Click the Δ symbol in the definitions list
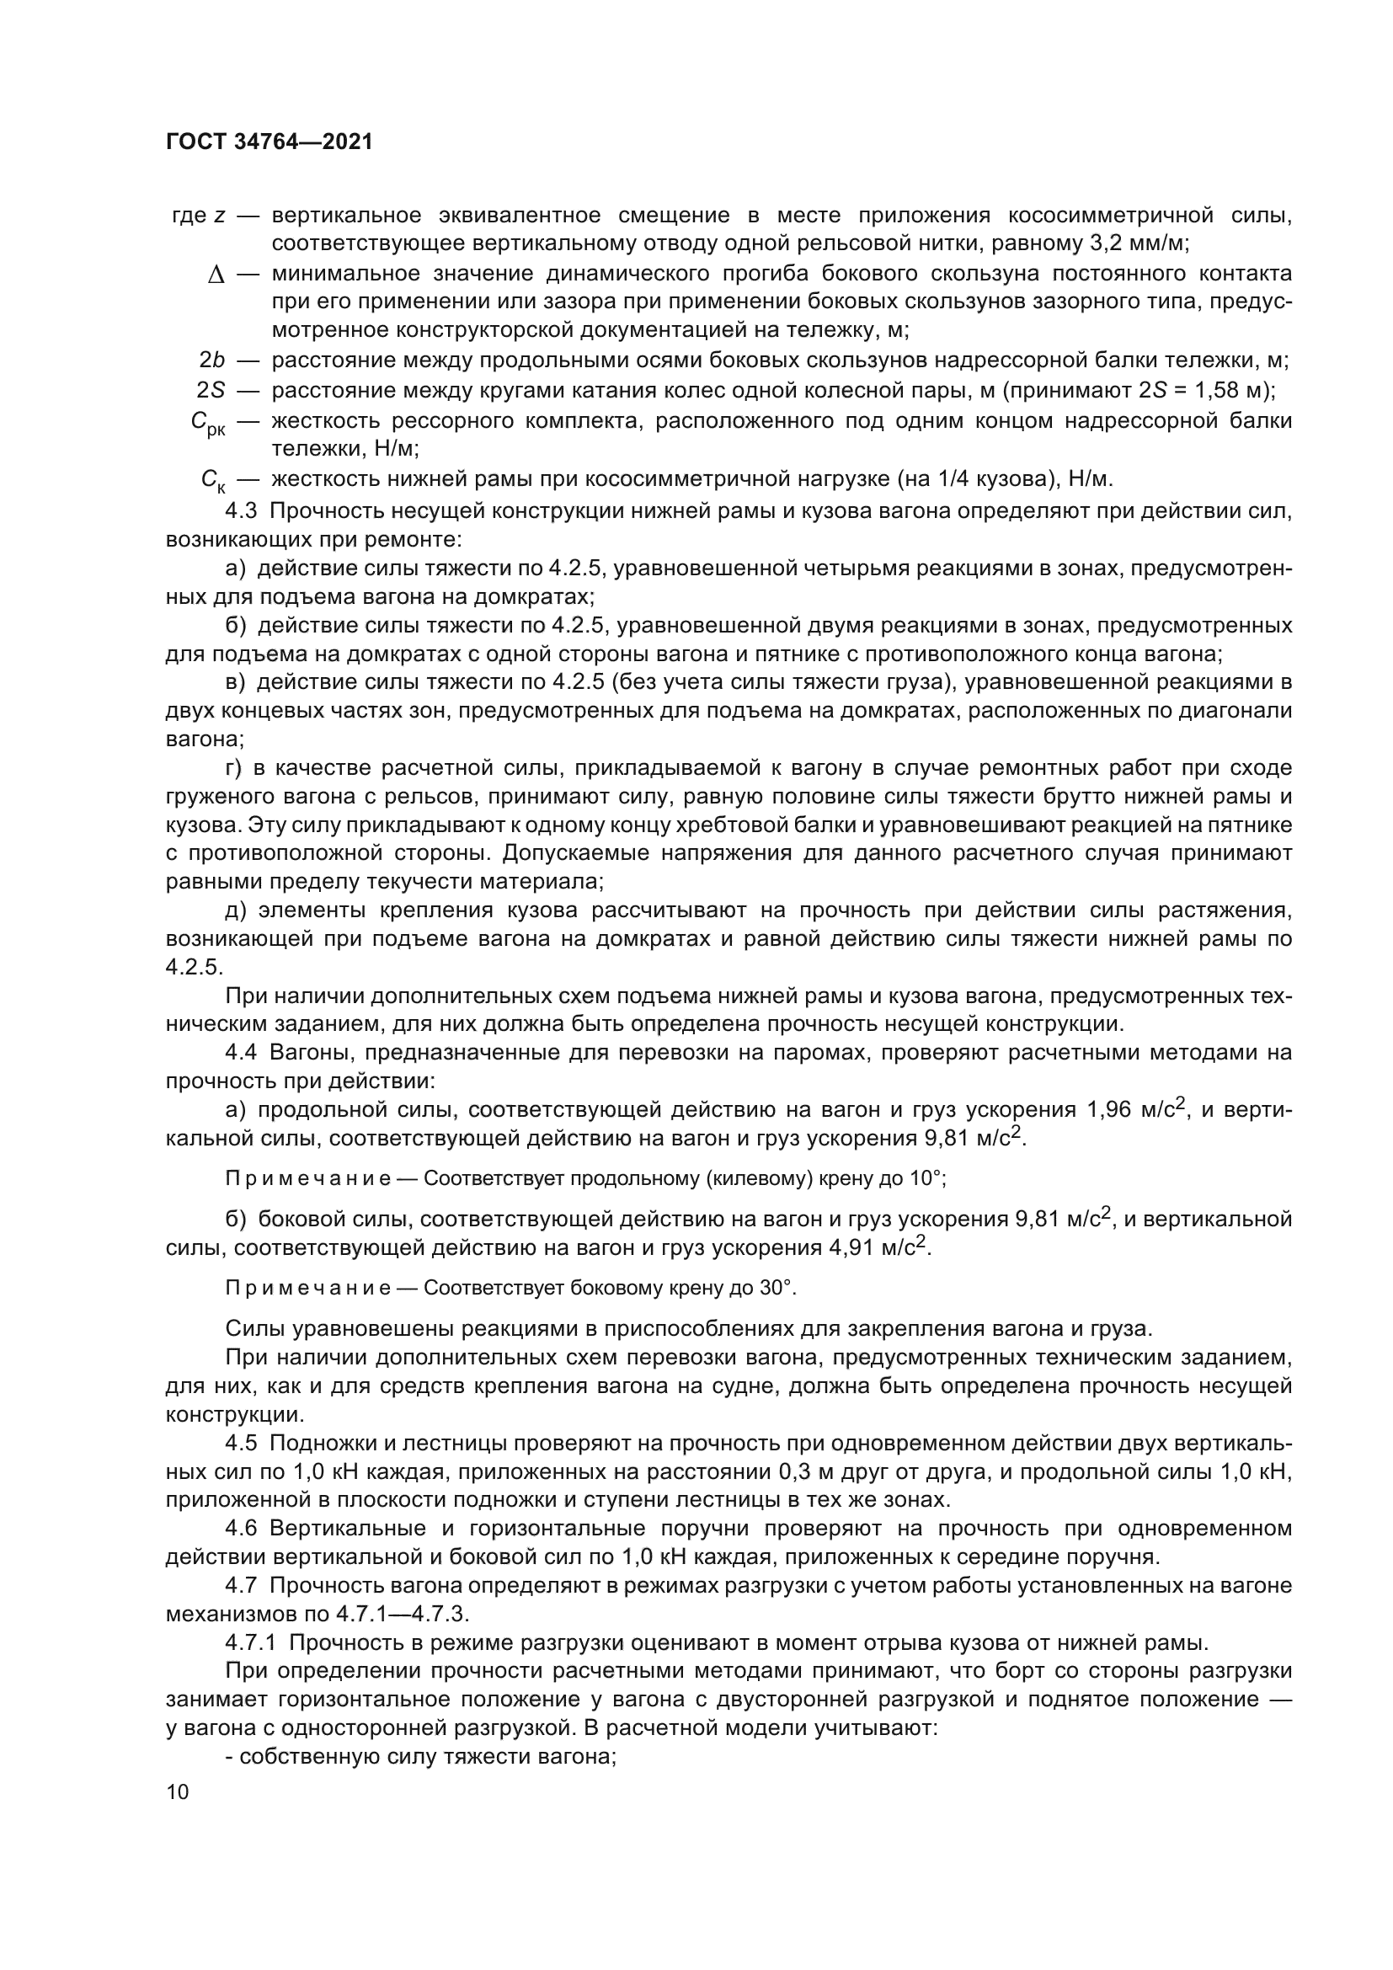click(216, 275)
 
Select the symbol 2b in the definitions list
click(212, 360)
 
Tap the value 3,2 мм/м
click(1139, 243)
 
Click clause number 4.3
click(241, 511)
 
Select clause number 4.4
click(241, 1052)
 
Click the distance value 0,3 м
click(808, 1471)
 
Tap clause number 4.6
click(241, 1528)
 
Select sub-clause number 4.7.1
click(250, 1642)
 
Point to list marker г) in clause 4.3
click(234, 767)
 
